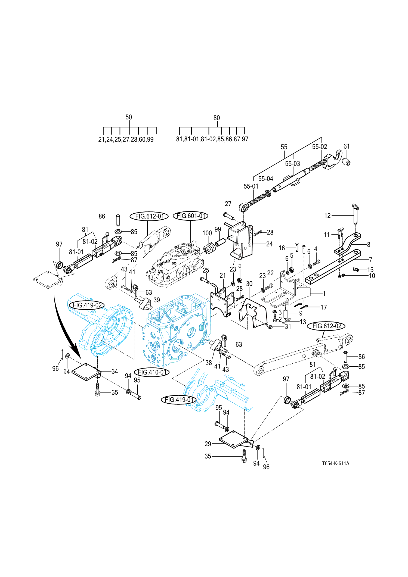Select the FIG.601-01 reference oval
point(191,216)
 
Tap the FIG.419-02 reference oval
point(87,305)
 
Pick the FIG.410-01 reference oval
point(152,372)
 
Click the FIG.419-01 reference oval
point(179,400)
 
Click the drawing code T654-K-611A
point(336,463)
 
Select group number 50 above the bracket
point(129,117)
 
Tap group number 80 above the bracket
point(217,118)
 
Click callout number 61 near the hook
point(347,146)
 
